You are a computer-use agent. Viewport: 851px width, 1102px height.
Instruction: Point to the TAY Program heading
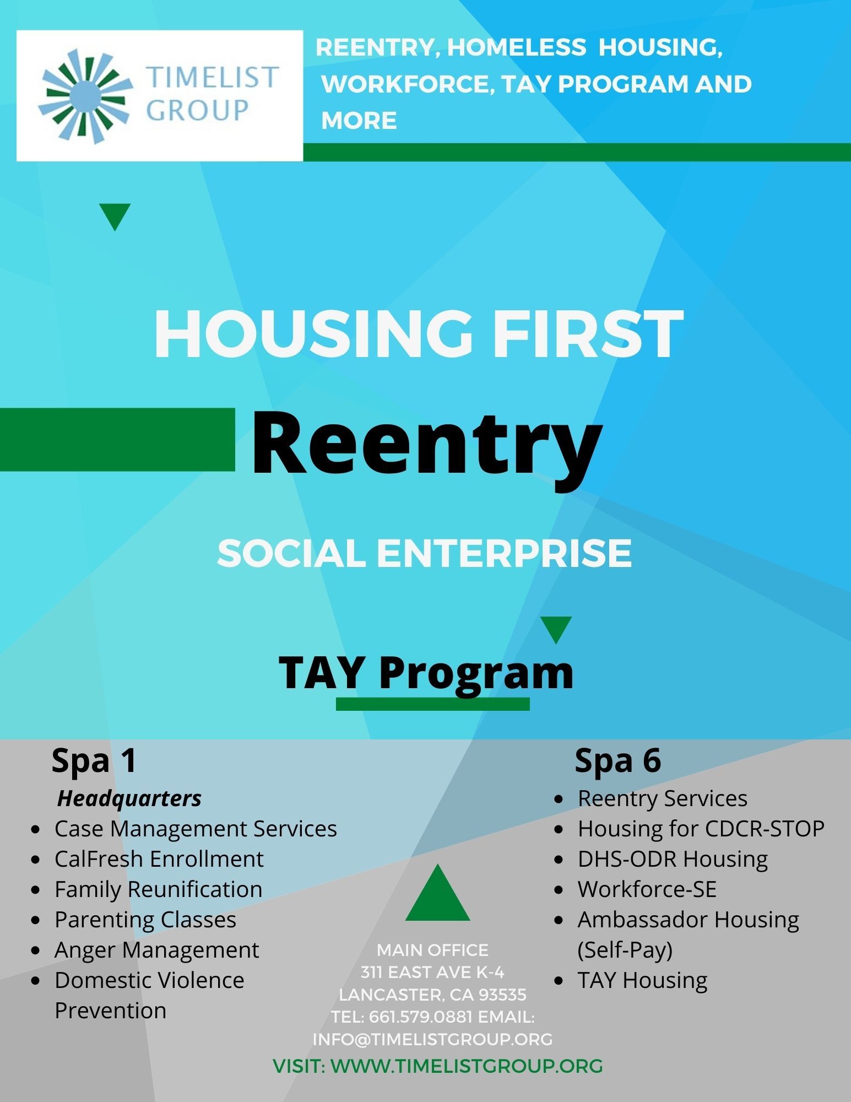pos(426,673)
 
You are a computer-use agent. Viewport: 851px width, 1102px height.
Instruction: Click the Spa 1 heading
pos(94,761)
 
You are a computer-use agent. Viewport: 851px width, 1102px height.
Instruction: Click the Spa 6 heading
pos(617,761)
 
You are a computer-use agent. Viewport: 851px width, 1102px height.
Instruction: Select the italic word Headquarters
pos(129,798)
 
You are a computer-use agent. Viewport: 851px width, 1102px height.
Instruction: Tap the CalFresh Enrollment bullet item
pos(159,859)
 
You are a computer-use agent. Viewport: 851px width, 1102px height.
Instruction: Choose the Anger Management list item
pos(156,950)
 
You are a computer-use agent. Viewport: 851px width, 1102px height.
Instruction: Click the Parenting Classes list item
pos(145,920)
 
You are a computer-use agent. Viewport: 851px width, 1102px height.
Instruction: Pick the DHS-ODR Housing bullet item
pos(673,859)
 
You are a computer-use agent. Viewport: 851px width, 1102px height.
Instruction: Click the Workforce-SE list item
pos(647,889)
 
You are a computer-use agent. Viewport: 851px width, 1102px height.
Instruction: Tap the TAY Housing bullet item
pos(642,980)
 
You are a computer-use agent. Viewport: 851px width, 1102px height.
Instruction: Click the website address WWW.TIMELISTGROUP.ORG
pos(467,1066)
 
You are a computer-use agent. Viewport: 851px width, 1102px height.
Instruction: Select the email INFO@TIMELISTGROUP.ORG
pos(432,1039)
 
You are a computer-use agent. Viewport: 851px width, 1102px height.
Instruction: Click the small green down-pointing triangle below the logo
pos(115,215)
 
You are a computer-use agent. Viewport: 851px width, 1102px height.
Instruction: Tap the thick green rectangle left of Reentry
pos(117,440)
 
